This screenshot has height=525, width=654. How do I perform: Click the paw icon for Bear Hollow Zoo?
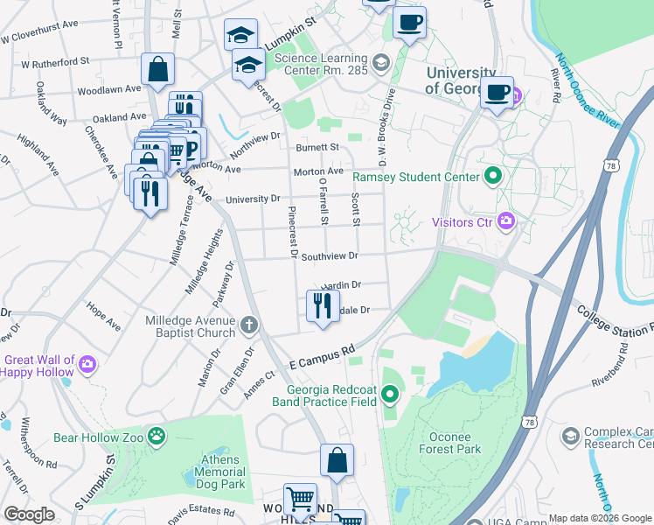pyautogui.click(x=157, y=436)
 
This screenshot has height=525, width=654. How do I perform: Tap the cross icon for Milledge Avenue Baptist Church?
pyautogui.click(x=249, y=326)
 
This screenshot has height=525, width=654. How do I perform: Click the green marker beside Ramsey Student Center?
pyautogui.click(x=492, y=177)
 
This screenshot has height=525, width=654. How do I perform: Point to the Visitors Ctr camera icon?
pyautogui.click(x=505, y=221)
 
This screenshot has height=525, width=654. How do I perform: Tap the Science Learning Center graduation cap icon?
pyautogui.click(x=380, y=62)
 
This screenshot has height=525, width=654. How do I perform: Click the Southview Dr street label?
pyautogui.click(x=330, y=256)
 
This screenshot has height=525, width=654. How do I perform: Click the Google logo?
pyautogui.click(x=29, y=514)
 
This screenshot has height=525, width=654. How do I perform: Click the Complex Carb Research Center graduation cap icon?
pyautogui.click(x=571, y=436)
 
